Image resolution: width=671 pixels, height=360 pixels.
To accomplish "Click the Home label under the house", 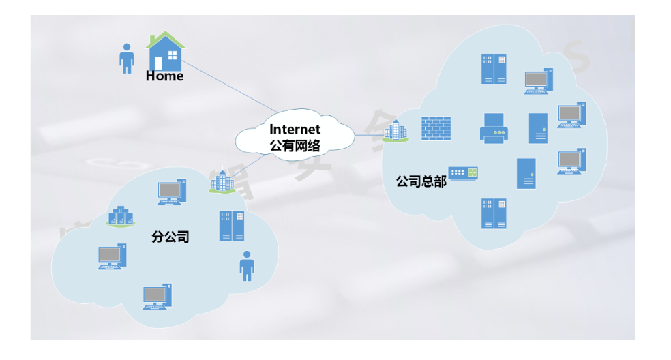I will (x=164, y=76).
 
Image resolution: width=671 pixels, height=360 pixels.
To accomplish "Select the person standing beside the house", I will (x=126, y=59).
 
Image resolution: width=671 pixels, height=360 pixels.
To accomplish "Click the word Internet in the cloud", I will (x=295, y=130).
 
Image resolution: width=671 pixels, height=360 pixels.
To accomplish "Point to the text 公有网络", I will (x=295, y=145).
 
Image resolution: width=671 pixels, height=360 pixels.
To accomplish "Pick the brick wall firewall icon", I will (x=436, y=128).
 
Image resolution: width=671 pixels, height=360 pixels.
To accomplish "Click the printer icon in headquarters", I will (x=494, y=128).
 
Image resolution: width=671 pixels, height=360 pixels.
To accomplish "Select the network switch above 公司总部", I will (x=463, y=173).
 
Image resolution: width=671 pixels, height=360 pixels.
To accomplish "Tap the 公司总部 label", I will (x=421, y=182).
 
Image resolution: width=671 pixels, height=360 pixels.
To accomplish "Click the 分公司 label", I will (x=170, y=237).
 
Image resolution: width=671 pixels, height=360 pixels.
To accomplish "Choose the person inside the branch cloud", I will (x=247, y=265).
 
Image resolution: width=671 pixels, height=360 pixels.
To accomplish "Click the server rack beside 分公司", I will (x=232, y=226).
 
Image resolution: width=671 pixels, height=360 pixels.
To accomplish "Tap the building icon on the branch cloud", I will (x=222, y=181).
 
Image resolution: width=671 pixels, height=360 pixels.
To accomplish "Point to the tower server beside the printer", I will (x=538, y=128).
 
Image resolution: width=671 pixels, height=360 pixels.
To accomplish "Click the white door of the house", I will (x=158, y=63).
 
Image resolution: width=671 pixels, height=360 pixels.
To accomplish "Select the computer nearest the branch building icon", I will (x=171, y=192).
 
